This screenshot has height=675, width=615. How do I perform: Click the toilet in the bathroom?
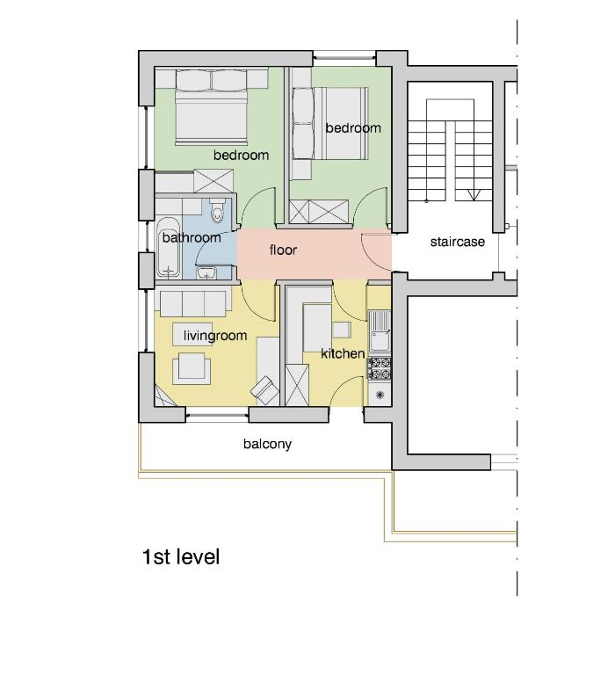[217, 210]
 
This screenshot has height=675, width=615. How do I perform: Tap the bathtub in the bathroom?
[168, 247]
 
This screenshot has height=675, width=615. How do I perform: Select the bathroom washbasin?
[206, 272]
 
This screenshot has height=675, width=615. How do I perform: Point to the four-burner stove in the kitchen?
[380, 368]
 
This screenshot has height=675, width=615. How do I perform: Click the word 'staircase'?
[457, 242]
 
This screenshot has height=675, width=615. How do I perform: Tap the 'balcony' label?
[267, 444]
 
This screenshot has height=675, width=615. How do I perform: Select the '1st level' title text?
[181, 556]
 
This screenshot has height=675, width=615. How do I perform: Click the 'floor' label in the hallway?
[283, 250]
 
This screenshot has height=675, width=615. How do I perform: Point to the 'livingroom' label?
[215, 336]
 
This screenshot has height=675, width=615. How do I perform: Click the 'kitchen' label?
[343, 353]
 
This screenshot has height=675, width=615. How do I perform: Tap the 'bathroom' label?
[192, 237]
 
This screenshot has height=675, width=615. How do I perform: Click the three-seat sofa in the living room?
[192, 303]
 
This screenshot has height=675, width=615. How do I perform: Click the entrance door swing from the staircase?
[373, 252]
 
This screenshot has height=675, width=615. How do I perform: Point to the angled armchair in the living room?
[265, 388]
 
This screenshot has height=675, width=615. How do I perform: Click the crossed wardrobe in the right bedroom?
[319, 212]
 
